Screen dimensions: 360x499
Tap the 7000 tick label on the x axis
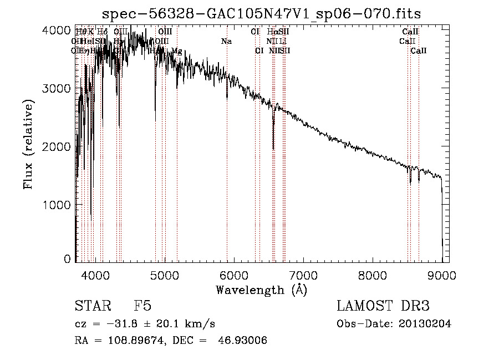pyautogui.click(x=303, y=275)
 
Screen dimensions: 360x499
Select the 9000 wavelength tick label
pyautogui.click(x=442, y=275)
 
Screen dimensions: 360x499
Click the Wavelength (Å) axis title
pyautogui.click(x=261, y=290)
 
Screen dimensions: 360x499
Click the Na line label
pyautogui.click(x=226, y=42)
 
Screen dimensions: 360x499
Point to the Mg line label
pyautogui.click(x=176, y=51)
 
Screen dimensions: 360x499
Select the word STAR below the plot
pyautogui.click(x=91, y=306)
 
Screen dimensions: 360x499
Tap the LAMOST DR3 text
pyautogui.click(x=383, y=306)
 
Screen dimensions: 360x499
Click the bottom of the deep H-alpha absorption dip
pyautogui.click(x=273, y=149)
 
